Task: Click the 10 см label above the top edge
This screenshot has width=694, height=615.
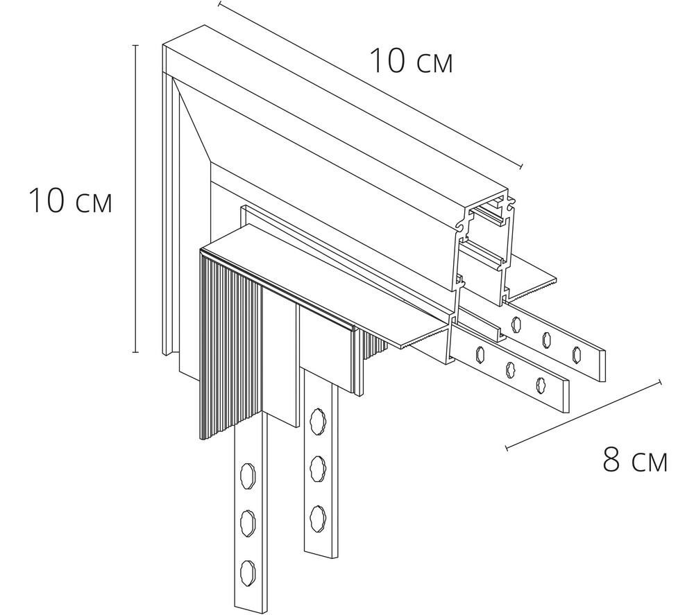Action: (410, 61)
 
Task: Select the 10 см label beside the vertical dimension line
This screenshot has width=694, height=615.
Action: (69, 201)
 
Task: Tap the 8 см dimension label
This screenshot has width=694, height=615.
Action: (634, 460)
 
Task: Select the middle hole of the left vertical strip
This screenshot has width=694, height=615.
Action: (248, 520)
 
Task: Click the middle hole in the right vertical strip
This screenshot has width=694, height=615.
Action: (317, 463)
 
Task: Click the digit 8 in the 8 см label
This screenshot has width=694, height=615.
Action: (611, 460)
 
